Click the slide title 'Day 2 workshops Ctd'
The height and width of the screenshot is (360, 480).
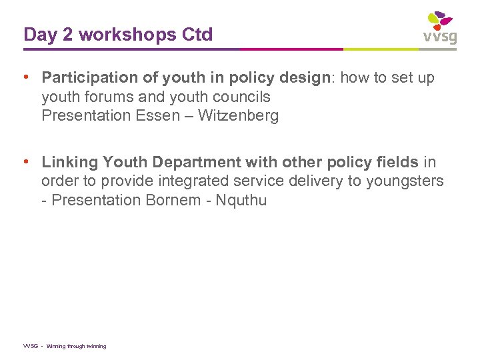tap(118, 35)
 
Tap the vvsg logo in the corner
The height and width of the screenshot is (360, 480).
tap(439, 28)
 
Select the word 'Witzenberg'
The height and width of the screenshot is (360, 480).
tap(239, 115)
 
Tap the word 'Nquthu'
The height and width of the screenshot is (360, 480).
tap(241, 200)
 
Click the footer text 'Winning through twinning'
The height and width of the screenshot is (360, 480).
tap(76, 346)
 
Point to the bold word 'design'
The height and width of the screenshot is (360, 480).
tap(305, 78)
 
